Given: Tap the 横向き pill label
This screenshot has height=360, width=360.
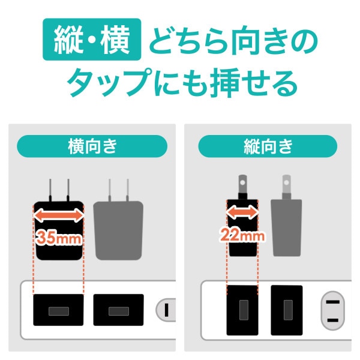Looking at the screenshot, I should [x=91, y=146].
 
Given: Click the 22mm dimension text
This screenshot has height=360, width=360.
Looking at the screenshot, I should [x=241, y=235].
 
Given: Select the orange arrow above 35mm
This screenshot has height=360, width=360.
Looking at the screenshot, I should [x=58, y=215].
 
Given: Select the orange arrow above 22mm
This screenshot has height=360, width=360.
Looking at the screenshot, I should [x=241, y=211].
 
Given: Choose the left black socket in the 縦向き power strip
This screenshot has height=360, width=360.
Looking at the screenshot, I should [x=242, y=310].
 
